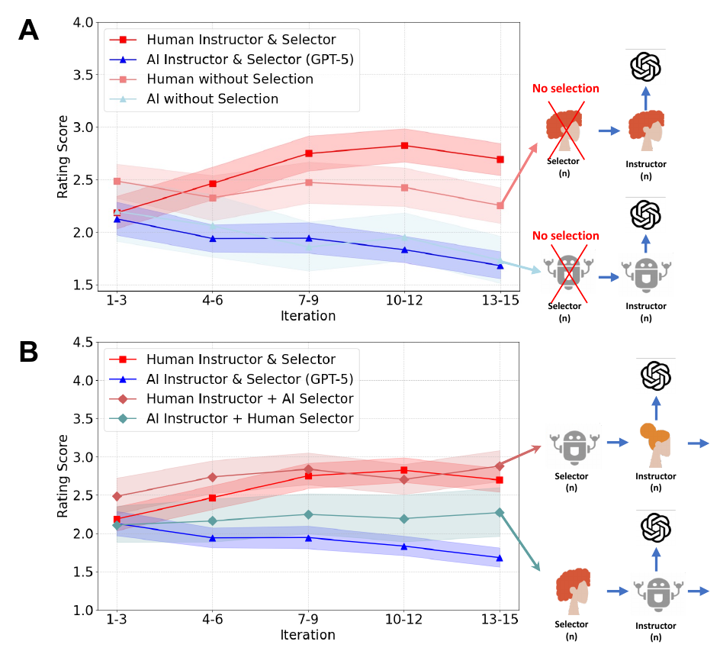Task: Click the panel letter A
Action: click(27, 30)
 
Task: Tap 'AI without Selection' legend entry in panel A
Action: click(212, 99)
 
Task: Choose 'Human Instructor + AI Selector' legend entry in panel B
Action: click(249, 398)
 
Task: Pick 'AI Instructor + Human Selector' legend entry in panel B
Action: click(249, 418)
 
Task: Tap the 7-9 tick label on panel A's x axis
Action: click(308, 301)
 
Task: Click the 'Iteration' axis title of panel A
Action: click(307, 316)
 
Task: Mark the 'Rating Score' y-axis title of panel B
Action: click(64, 476)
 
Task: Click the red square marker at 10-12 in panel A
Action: click(404, 145)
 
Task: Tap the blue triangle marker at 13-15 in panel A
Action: click(500, 266)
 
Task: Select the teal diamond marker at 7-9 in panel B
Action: click(308, 514)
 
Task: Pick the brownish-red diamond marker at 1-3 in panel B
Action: click(117, 496)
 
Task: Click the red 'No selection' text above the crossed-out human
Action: click(565, 89)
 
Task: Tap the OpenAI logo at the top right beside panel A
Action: click(644, 67)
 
